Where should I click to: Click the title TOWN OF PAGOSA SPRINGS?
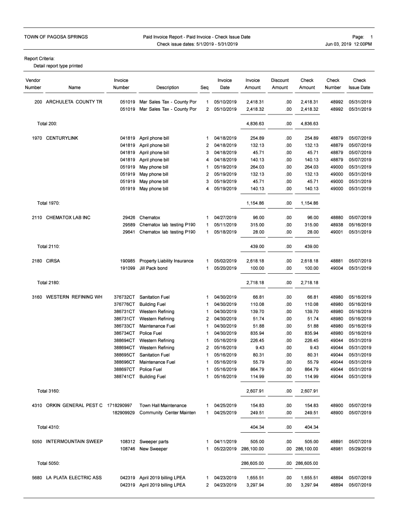click(x=56, y=37)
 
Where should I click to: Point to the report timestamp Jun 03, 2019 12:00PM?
click(x=348, y=44)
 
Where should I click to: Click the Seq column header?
click(x=205, y=87)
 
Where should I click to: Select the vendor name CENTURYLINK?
click(x=62, y=138)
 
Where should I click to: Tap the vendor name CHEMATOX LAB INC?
click(x=68, y=217)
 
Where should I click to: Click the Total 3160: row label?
click(x=48, y=390)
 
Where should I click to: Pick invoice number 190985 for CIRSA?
click(x=127, y=261)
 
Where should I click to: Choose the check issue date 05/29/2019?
click(x=360, y=449)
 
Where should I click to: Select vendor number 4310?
click(x=37, y=405)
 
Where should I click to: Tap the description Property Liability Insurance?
click(x=166, y=261)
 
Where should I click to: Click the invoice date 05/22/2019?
click(x=225, y=449)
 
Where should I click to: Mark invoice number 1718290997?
click(x=120, y=405)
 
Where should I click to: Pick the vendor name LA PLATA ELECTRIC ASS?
click(x=73, y=478)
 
